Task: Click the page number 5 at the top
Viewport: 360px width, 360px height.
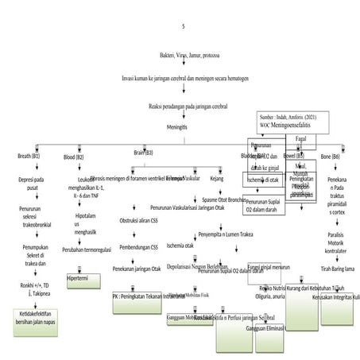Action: [184, 27]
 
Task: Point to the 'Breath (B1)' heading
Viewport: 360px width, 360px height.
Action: [29, 157]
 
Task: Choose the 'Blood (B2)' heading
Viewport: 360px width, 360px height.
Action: [74, 157]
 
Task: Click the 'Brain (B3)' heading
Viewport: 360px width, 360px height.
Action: [143, 152]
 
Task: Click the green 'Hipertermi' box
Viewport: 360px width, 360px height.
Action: [83, 279]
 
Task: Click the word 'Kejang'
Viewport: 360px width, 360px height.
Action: [216, 179]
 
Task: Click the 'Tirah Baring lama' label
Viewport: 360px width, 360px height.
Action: [337, 269]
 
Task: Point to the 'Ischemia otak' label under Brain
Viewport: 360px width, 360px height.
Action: [180, 246]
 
